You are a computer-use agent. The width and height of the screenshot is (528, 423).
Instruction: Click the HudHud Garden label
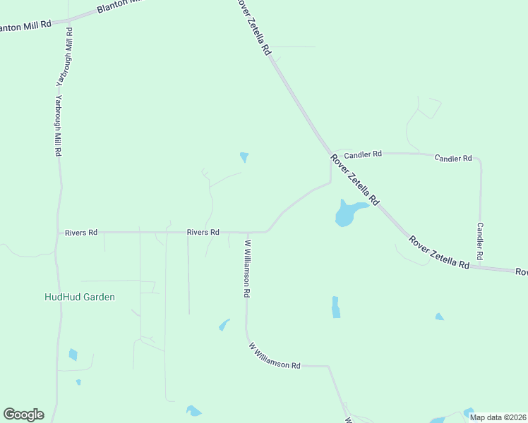point(79,297)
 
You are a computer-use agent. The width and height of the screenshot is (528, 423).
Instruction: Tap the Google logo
point(23,415)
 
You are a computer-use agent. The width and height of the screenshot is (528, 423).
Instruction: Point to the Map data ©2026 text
point(497,417)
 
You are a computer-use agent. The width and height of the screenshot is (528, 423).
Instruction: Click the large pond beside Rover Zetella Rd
point(347,212)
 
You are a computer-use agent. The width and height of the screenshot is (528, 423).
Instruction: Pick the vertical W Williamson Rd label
point(248,269)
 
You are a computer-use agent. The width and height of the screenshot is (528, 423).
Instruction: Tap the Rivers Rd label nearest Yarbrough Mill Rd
point(80,232)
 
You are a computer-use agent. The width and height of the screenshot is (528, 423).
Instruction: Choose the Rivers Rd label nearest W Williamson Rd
point(203,232)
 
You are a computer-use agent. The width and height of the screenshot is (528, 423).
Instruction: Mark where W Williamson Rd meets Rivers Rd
point(247,232)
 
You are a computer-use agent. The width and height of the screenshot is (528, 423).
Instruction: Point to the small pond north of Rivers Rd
point(244,157)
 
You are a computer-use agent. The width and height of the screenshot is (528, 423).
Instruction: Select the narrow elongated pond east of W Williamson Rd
point(336,307)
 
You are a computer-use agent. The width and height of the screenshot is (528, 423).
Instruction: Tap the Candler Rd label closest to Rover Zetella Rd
point(363,153)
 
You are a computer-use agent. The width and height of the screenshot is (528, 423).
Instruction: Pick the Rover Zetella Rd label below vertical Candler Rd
point(438,252)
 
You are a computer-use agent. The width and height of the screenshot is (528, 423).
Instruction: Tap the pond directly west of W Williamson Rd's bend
point(224,325)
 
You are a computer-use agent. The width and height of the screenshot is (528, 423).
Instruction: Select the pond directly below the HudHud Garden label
point(73,355)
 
